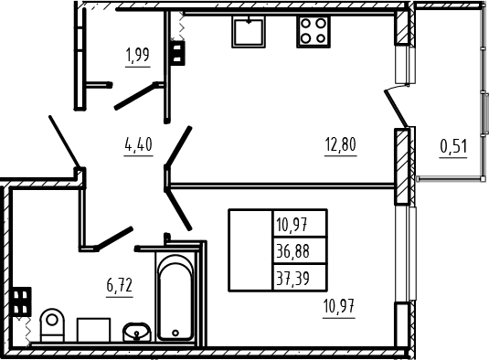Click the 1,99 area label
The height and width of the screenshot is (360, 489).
point(138,55)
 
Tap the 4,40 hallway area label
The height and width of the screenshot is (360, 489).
point(138,144)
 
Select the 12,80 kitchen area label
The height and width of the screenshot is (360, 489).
point(341,144)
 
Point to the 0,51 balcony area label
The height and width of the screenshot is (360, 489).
point(453,146)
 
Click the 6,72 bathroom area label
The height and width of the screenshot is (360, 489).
point(120,286)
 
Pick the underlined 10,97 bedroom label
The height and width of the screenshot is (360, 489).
point(339,306)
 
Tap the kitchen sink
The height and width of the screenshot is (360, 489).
point(249,31)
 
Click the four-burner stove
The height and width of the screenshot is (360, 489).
point(314,31)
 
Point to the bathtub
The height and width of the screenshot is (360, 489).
point(175,298)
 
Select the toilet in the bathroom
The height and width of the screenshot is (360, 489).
point(52,325)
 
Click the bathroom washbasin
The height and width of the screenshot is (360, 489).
point(137,333)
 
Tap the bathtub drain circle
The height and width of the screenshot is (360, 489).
point(175,333)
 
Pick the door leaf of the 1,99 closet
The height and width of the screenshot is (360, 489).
point(136,96)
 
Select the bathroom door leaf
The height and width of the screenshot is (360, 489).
point(114,238)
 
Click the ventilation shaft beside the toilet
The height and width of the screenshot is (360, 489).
point(21,302)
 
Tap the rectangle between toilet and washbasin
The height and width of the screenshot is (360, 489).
point(93,330)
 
